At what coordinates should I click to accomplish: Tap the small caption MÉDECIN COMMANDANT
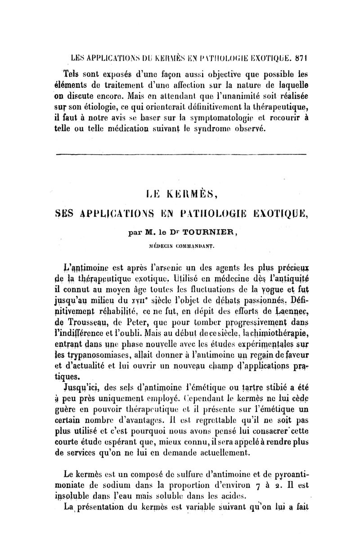181,246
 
